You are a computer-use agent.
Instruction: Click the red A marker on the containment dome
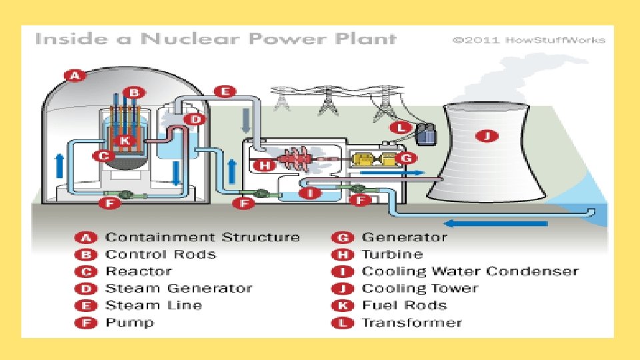75,75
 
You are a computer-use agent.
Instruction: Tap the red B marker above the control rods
134,92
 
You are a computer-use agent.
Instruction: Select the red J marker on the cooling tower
489,137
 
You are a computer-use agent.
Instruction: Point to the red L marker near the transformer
400,127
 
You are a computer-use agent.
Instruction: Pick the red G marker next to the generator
406,158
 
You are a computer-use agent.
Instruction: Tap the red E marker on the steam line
226,92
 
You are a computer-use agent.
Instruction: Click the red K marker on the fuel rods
124,141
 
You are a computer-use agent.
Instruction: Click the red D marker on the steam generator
196,120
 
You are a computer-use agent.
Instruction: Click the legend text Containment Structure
203,237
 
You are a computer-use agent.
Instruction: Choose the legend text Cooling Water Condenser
470,271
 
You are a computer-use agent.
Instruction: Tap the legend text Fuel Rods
404,306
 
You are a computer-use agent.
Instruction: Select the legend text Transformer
411,323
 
